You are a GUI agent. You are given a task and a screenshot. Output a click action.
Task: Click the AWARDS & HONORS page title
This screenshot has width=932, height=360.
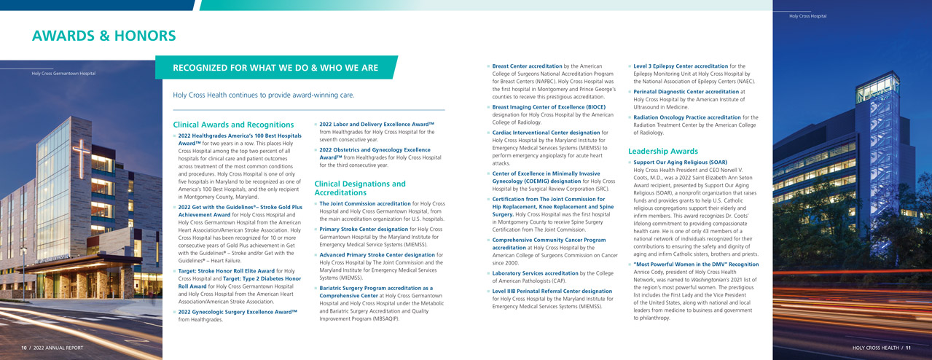pos(103,36)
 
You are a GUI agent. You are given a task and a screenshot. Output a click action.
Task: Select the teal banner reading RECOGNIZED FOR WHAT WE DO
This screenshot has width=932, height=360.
pos(275,68)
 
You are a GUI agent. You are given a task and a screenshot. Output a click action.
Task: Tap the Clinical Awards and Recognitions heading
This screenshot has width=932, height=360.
pos(233,125)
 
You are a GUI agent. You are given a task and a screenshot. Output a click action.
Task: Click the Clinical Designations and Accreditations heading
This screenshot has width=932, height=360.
pos(359,188)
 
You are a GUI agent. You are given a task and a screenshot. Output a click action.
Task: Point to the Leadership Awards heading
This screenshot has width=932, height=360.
pos(662,151)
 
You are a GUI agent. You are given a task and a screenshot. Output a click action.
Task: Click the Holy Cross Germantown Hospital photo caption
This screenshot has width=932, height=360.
pos(63,73)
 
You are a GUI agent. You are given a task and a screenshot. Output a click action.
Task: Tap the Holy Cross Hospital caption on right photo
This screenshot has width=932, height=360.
pos(807,16)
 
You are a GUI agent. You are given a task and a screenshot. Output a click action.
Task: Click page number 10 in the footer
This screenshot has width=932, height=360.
pos(24,348)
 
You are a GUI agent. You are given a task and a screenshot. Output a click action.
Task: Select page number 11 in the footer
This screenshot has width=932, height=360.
pos(908,348)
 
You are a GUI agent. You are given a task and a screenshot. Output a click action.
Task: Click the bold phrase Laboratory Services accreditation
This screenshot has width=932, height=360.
pos(535,273)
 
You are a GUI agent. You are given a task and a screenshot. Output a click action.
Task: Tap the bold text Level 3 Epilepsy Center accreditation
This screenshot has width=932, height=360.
pos(680,66)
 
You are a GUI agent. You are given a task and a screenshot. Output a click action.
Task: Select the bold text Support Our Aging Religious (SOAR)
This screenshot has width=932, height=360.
pos(680,162)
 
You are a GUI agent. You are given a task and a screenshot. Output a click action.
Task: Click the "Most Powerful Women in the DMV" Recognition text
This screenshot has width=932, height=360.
pos(696,264)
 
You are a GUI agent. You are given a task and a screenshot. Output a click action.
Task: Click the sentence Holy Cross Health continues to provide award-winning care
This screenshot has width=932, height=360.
pos(264,95)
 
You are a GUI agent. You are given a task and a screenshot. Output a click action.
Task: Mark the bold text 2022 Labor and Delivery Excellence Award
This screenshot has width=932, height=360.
pos(376,124)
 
